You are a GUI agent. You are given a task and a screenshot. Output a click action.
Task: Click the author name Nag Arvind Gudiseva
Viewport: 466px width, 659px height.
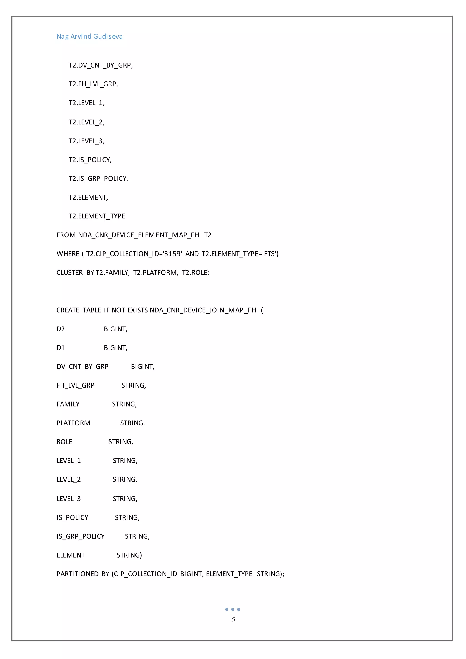89,36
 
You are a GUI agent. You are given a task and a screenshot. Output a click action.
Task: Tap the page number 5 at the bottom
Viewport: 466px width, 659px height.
233,619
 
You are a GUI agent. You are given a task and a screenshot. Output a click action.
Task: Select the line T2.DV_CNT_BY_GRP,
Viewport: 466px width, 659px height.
100,66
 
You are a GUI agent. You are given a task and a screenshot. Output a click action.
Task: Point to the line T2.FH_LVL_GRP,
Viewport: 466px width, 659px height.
93,84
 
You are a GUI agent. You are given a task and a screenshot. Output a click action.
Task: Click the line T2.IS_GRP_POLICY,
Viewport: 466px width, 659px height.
98,179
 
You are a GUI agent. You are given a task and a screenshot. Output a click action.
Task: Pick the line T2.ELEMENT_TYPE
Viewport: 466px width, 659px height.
97,216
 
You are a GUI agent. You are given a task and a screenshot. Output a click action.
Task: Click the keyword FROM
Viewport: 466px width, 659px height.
66,235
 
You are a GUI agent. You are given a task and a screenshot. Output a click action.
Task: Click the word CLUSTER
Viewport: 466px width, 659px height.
69,273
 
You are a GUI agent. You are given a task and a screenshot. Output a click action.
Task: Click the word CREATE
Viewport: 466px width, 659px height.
68,310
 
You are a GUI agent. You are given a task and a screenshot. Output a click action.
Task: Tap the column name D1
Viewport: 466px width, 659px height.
61,348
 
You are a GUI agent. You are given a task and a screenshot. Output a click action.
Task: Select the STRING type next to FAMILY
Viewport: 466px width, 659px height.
124,404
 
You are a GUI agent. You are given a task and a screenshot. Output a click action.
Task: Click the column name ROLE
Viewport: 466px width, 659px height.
64,442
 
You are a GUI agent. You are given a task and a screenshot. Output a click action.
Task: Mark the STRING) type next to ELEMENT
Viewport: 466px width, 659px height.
129,555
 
